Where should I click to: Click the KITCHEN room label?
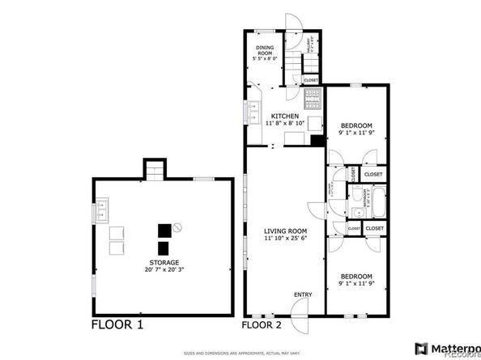coord(283,116)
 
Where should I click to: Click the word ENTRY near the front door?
coord(303,294)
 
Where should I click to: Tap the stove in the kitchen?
coord(312,100)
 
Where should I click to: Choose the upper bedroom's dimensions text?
coord(356,133)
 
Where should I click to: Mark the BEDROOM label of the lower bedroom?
coord(356,275)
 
